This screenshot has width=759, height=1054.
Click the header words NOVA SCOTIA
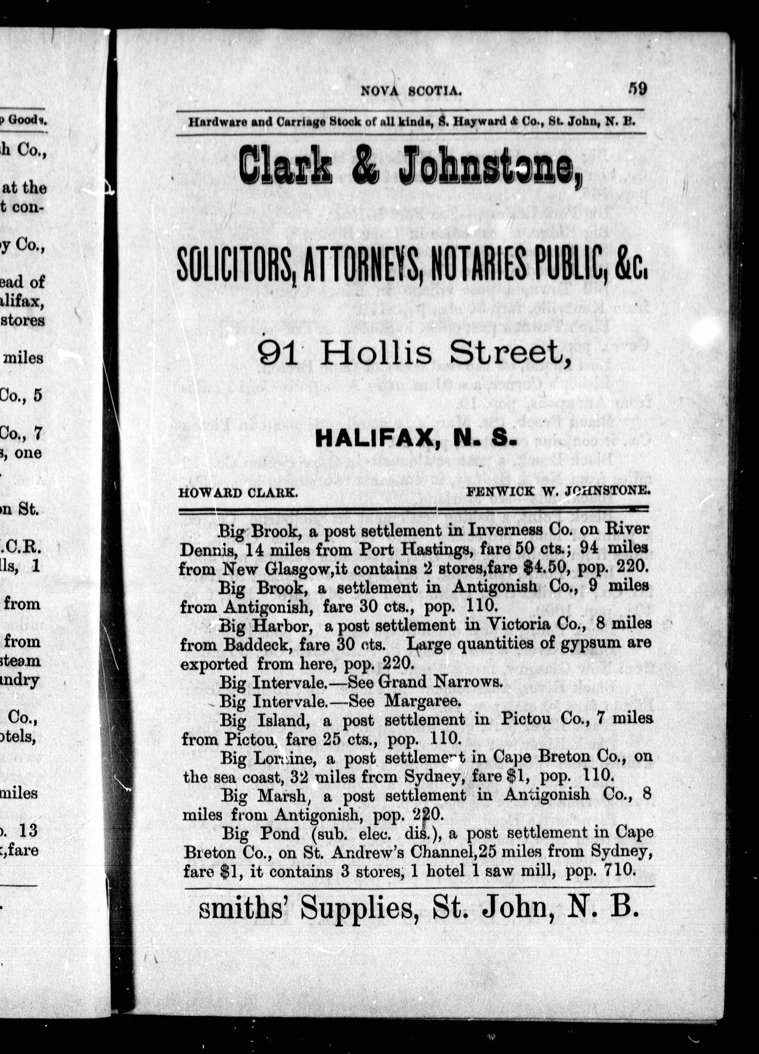point(411,91)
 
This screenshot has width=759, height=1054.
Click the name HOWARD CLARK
point(238,493)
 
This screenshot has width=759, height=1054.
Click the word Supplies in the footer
point(356,908)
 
